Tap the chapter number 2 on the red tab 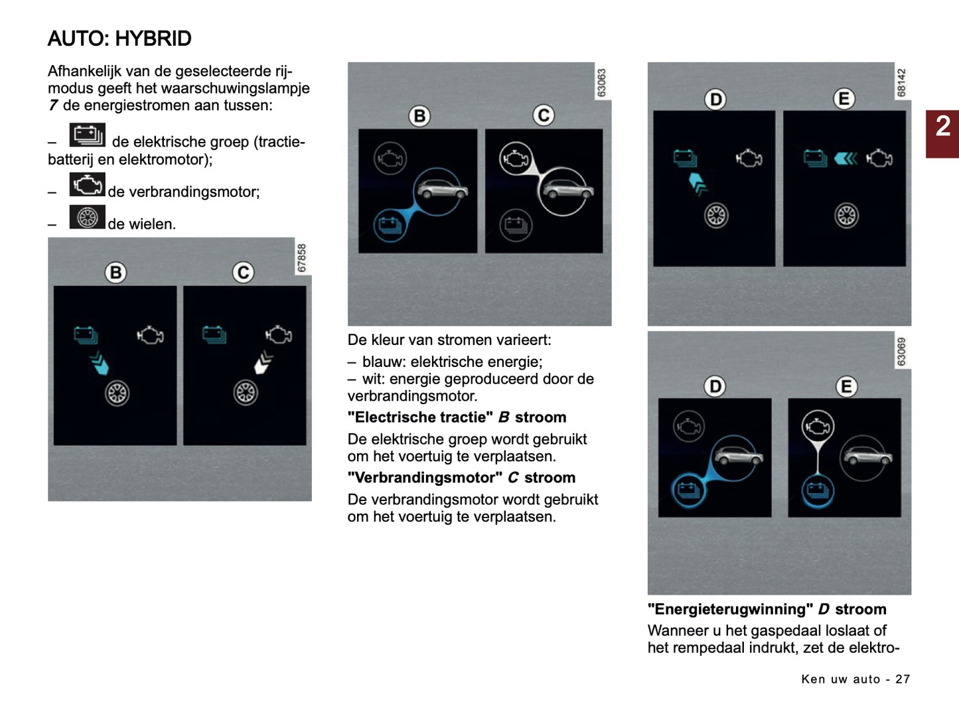tap(942, 126)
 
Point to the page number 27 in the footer tap(903, 679)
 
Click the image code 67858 tap(302, 258)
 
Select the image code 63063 tap(602, 83)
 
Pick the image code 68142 tap(901, 83)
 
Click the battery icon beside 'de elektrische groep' tap(87, 135)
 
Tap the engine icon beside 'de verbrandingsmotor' tap(87, 184)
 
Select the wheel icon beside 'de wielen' tap(87, 217)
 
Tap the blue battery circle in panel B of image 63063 tap(390, 226)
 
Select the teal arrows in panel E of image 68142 tap(846, 158)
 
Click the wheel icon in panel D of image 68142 tap(715, 215)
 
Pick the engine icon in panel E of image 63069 tap(818, 425)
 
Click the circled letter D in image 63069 tap(715, 386)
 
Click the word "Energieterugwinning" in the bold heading tap(729, 609)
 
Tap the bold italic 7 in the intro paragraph tap(53, 106)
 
